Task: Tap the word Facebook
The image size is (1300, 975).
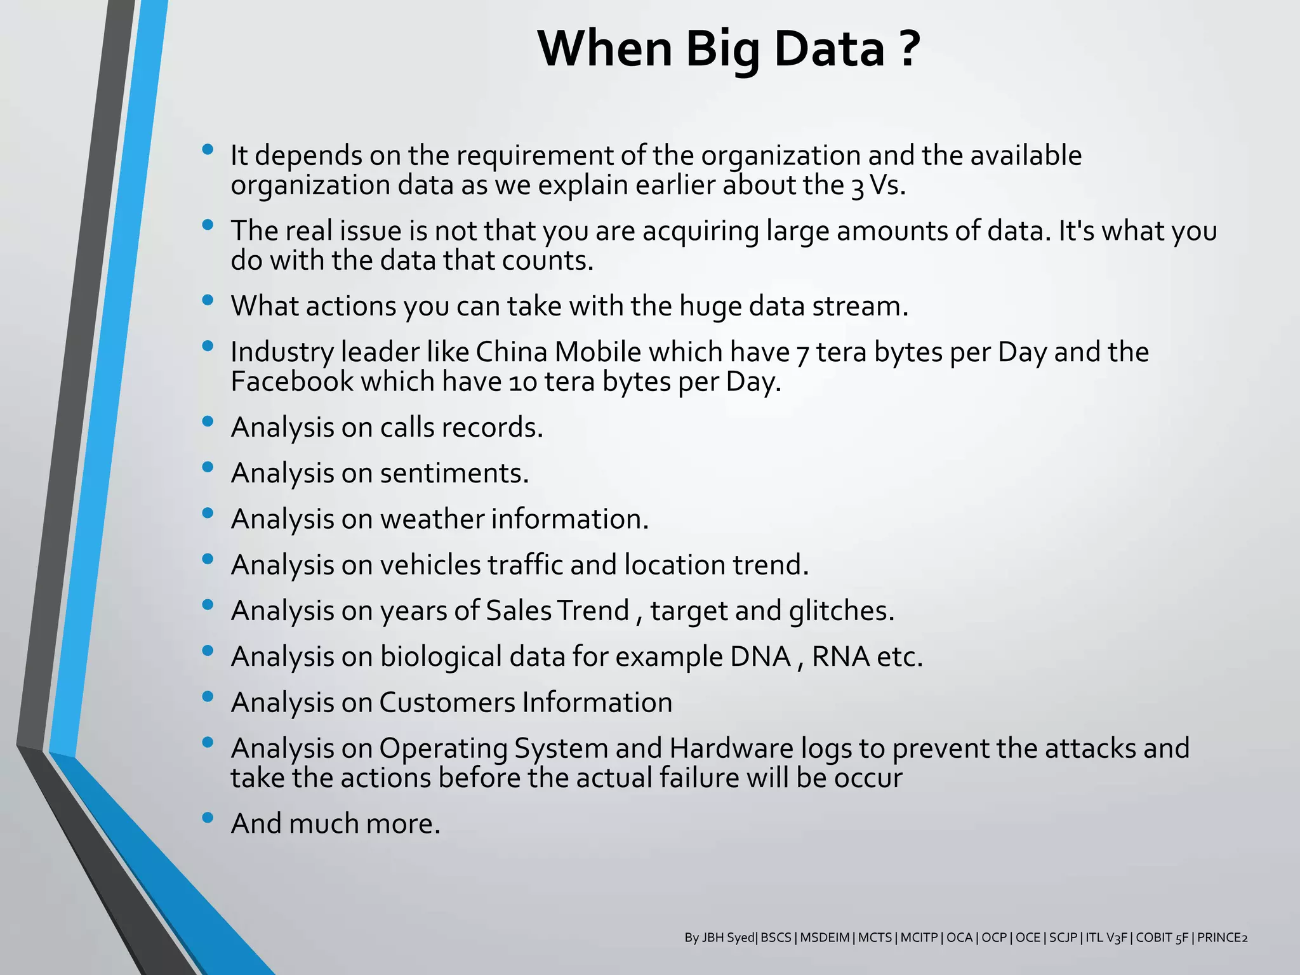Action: pyautogui.click(x=292, y=382)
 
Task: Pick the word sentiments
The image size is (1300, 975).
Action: pyautogui.click(x=454, y=474)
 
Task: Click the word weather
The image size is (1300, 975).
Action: pyautogui.click(x=431, y=519)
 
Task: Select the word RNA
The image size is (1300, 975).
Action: pyautogui.click(x=840, y=657)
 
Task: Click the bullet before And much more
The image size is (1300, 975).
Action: pyautogui.click(x=207, y=818)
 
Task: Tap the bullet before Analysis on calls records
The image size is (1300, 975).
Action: pyautogui.click(x=207, y=421)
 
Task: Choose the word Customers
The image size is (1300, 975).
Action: pyautogui.click(x=447, y=703)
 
